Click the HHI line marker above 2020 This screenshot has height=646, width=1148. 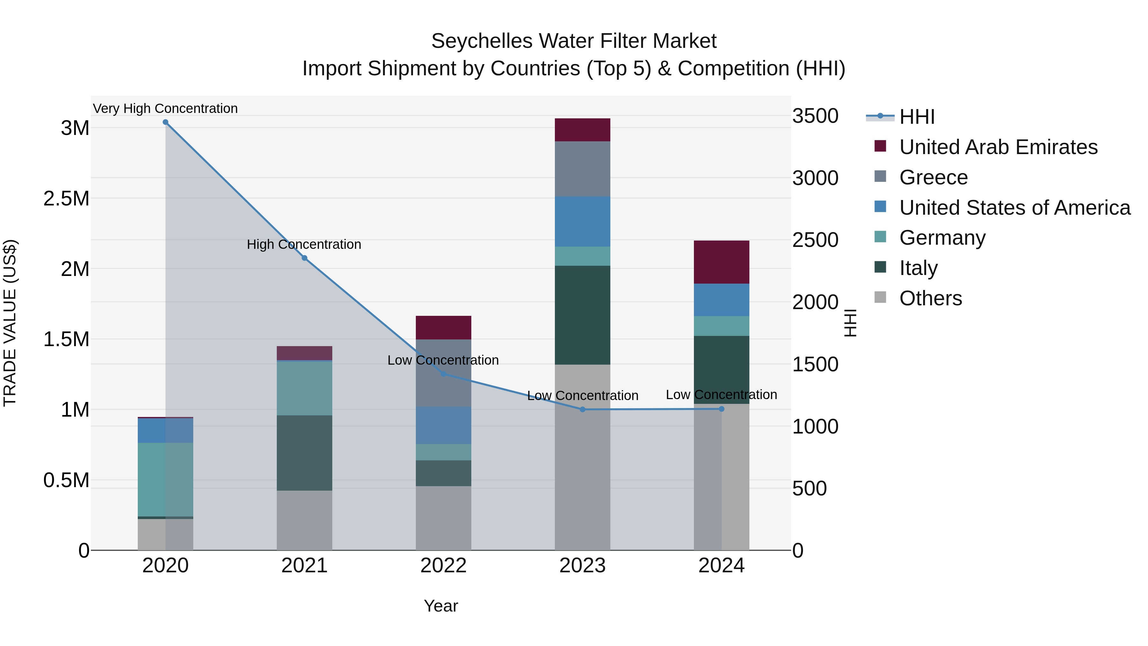[165, 122]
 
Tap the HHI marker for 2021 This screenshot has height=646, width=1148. [305, 258]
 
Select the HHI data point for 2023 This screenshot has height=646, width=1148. [583, 409]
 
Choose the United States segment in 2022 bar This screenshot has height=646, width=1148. [444, 425]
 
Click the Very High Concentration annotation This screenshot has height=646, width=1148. [165, 108]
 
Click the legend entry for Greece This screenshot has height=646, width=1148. [933, 177]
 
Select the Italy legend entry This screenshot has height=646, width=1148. [918, 268]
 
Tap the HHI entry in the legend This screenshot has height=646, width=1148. [917, 117]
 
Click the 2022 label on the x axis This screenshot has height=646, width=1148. [444, 566]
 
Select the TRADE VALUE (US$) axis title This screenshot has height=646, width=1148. [10, 323]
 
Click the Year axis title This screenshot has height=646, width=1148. [441, 606]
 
